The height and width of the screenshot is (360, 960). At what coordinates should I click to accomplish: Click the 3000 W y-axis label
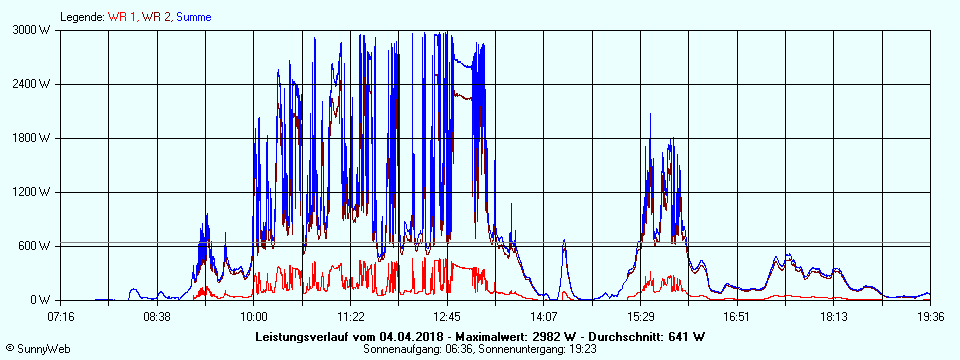(33, 30)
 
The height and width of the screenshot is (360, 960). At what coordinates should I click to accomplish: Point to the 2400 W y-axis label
(33, 84)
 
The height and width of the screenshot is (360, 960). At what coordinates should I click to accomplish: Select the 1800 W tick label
(33, 138)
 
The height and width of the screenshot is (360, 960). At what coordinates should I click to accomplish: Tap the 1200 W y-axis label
(33, 192)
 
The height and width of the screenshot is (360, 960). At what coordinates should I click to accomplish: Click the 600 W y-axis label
(36, 246)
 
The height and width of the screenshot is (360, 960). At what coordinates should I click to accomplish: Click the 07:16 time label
(61, 317)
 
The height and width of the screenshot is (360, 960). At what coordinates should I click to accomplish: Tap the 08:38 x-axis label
(157, 317)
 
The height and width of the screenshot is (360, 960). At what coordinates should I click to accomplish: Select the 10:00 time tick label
(254, 317)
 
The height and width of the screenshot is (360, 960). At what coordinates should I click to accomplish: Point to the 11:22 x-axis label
(351, 317)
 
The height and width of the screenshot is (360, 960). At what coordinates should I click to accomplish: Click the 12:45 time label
(447, 317)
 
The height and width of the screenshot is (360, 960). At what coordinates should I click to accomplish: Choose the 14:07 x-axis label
(544, 317)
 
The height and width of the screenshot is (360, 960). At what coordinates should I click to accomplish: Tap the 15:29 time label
(641, 317)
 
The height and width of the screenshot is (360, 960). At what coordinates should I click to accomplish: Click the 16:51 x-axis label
(737, 317)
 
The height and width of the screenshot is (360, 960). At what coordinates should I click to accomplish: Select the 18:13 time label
(834, 317)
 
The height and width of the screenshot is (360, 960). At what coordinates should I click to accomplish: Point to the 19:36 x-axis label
(931, 317)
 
